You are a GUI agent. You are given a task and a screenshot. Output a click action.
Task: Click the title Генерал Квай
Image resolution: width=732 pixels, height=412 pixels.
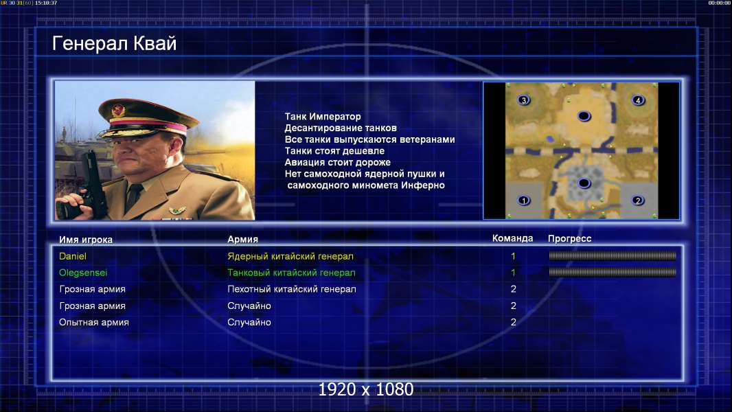click(115, 44)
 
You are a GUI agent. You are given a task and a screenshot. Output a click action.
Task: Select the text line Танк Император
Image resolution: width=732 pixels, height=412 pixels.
click(323, 117)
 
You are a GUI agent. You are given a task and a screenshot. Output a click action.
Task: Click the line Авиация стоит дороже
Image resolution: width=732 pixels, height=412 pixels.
click(338, 162)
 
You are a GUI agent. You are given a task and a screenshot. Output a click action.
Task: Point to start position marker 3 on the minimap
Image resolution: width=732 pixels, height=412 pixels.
click(524, 100)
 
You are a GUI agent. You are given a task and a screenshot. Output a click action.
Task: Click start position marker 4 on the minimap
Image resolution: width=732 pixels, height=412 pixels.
click(638, 100)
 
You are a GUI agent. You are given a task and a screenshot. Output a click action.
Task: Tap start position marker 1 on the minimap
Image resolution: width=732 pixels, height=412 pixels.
click(524, 201)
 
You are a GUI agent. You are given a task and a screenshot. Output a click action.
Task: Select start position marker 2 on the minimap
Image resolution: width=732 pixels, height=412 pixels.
click(638, 201)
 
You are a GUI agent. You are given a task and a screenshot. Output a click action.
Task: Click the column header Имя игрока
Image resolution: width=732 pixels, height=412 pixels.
click(85, 240)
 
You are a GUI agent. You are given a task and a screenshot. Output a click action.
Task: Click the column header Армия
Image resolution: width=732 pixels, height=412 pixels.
click(243, 240)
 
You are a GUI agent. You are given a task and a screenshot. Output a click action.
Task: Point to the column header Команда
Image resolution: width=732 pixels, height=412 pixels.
click(512, 238)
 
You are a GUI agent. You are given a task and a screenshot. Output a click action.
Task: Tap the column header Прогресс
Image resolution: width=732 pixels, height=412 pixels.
click(569, 238)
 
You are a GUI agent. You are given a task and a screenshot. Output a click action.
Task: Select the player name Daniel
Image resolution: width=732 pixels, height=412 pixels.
click(72, 256)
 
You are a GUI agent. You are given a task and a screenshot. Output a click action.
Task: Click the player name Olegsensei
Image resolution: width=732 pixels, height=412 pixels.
click(83, 273)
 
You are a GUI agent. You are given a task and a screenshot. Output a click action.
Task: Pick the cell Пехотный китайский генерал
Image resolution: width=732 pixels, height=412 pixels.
click(292, 289)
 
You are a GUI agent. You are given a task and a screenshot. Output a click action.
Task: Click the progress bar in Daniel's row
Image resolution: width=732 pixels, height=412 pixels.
click(613, 255)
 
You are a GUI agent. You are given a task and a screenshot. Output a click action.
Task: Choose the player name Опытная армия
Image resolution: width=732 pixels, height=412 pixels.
click(94, 323)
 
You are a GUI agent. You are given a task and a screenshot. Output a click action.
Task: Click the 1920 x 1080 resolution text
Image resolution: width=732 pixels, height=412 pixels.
click(366, 389)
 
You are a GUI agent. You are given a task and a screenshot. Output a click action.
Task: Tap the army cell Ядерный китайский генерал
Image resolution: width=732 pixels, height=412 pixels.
click(290, 256)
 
